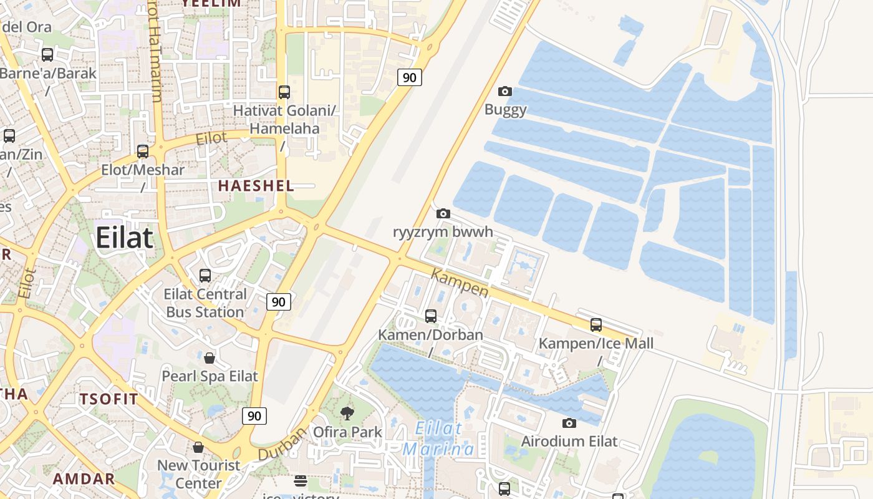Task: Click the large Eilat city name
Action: pos(124,238)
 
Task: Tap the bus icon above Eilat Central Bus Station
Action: pos(205,275)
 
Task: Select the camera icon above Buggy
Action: pos(505,92)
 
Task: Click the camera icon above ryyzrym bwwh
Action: pos(443,214)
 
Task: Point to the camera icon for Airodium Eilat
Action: pos(569,423)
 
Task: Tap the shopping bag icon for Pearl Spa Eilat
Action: pos(210,358)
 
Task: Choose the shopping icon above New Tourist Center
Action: pos(198,447)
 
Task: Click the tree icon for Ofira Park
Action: pos(347,413)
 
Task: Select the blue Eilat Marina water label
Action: pos(438,438)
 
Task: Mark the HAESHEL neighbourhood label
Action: pos(256,186)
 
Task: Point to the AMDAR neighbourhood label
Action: pos(84,479)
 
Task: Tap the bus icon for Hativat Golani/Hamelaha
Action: pos(284,92)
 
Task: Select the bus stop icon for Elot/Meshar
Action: pos(143,151)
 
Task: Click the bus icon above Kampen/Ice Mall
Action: pos(596,325)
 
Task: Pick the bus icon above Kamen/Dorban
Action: pos(431,316)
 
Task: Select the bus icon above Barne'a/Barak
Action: pos(47,55)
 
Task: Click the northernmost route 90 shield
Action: pos(409,77)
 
